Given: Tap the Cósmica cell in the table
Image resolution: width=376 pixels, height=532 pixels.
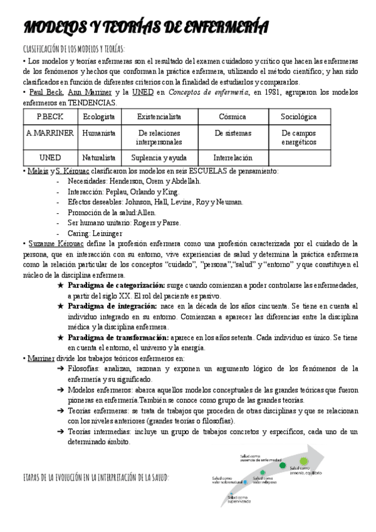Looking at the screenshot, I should pyautogui.click(x=232, y=117).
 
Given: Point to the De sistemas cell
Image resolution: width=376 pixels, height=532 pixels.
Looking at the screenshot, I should pyautogui.click(x=232, y=133).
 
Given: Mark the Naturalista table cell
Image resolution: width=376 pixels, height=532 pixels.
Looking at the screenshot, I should pyautogui.click(x=99, y=158).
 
